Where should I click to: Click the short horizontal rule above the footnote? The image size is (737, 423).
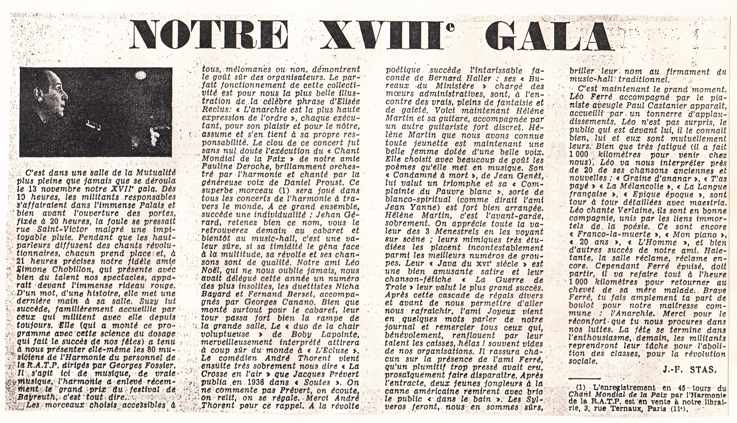[x=585, y=379]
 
